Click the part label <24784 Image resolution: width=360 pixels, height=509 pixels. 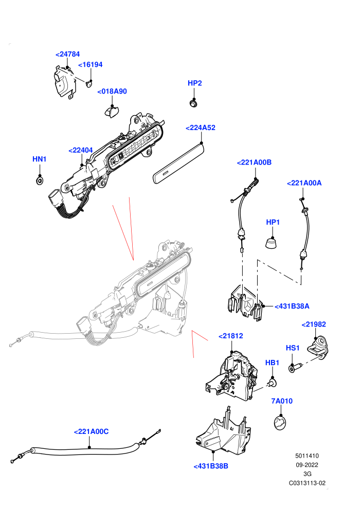[x=67, y=54]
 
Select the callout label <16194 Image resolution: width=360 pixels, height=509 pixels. [x=90, y=65]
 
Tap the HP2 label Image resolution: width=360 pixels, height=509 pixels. [x=195, y=83]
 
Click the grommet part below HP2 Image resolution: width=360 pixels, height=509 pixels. [x=194, y=103]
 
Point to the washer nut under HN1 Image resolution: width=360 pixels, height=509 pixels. [x=40, y=180]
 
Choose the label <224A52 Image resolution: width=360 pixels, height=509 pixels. [x=200, y=128]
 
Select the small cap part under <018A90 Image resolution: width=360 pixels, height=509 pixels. [x=112, y=112]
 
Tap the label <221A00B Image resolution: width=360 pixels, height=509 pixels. [x=254, y=162]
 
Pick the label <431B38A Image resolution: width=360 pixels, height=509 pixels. [x=292, y=306]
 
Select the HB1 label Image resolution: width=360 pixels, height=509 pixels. [x=272, y=362]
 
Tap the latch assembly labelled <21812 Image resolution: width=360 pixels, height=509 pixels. [x=232, y=376]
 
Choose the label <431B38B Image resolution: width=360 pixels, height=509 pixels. [x=211, y=466]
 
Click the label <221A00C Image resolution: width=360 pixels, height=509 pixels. [x=91, y=431]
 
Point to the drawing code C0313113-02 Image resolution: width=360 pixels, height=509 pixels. [x=307, y=483]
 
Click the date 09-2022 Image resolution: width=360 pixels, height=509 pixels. [x=307, y=465]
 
